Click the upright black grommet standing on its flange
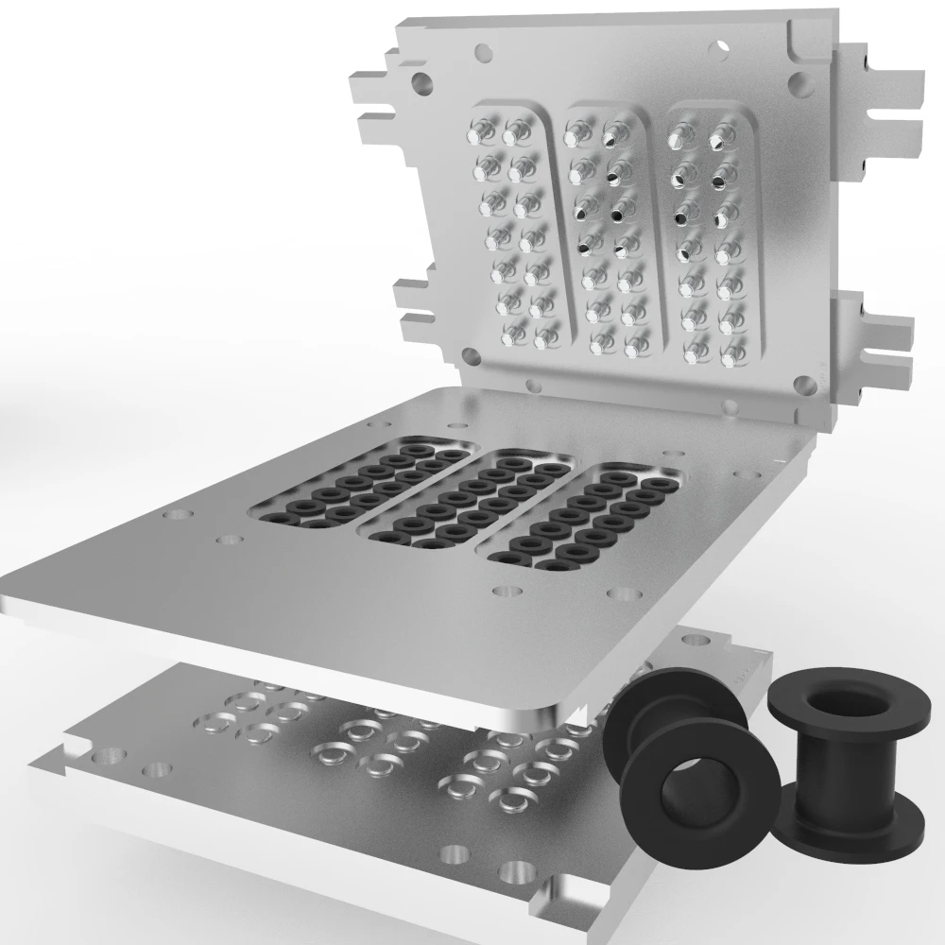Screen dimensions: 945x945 [832, 765]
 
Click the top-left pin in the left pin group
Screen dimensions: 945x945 [481, 132]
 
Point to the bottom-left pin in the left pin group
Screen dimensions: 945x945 [509, 335]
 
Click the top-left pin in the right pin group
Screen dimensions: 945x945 [678, 138]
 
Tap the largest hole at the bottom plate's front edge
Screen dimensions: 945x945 [516, 869]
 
